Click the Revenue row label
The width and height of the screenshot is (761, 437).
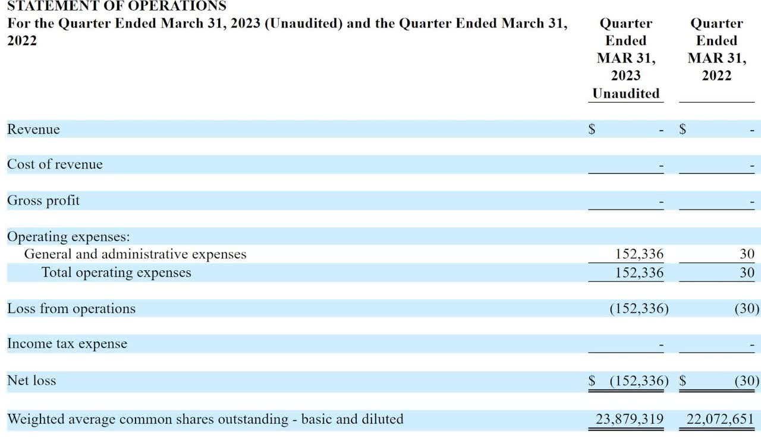pos(33,129)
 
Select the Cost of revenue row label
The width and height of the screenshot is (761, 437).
pos(55,164)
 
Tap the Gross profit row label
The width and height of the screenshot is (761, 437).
pos(43,201)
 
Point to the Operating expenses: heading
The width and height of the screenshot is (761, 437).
pos(68,236)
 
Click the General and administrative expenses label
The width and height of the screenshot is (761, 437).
pos(135,254)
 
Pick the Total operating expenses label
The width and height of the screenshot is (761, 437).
pos(117,273)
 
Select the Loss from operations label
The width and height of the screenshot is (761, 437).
pos(71,309)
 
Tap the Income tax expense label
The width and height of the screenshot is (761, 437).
pos(67,344)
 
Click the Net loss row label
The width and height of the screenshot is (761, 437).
pos(32,381)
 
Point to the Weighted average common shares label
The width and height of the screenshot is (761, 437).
pos(205,419)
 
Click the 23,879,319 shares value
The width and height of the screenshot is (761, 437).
pos(630,419)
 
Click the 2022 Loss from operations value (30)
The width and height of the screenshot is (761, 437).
pos(747,309)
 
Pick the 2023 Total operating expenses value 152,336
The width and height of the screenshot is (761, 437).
pos(639,273)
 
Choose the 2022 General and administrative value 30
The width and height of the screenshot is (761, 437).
pos(747,254)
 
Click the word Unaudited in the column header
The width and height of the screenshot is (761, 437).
pos(626,93)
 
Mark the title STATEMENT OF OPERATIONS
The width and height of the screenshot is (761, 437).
pos(117,7)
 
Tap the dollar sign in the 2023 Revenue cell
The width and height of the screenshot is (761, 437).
pos(592,129)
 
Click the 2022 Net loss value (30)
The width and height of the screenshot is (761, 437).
pos(747,381)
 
